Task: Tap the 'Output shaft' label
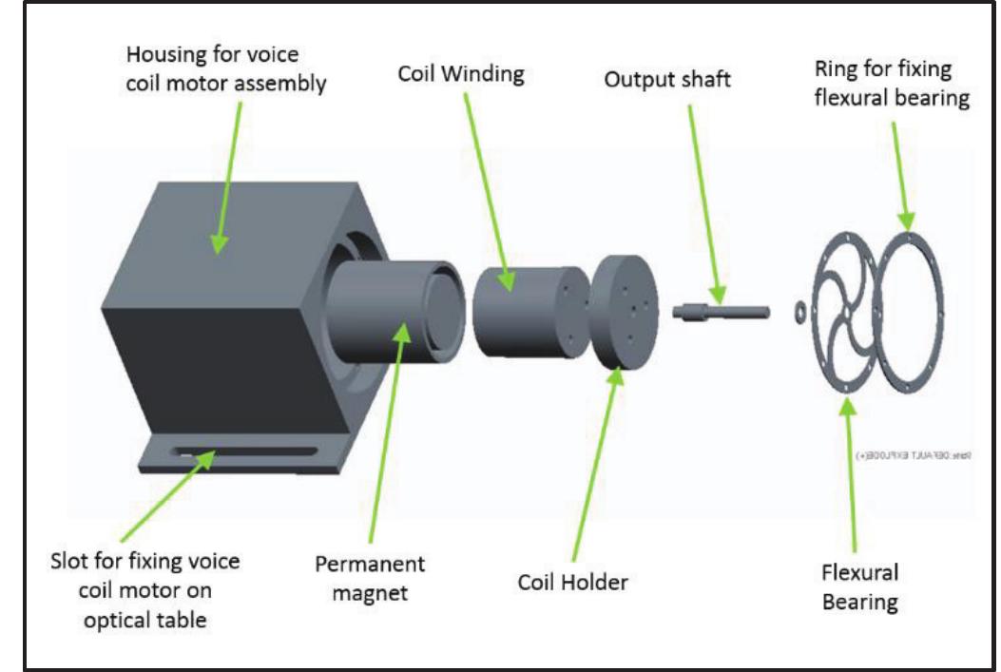pos(666,80)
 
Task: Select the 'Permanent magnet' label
pos(370,578)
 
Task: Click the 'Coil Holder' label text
pos(573,582)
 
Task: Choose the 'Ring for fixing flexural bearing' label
pos(891,85)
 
